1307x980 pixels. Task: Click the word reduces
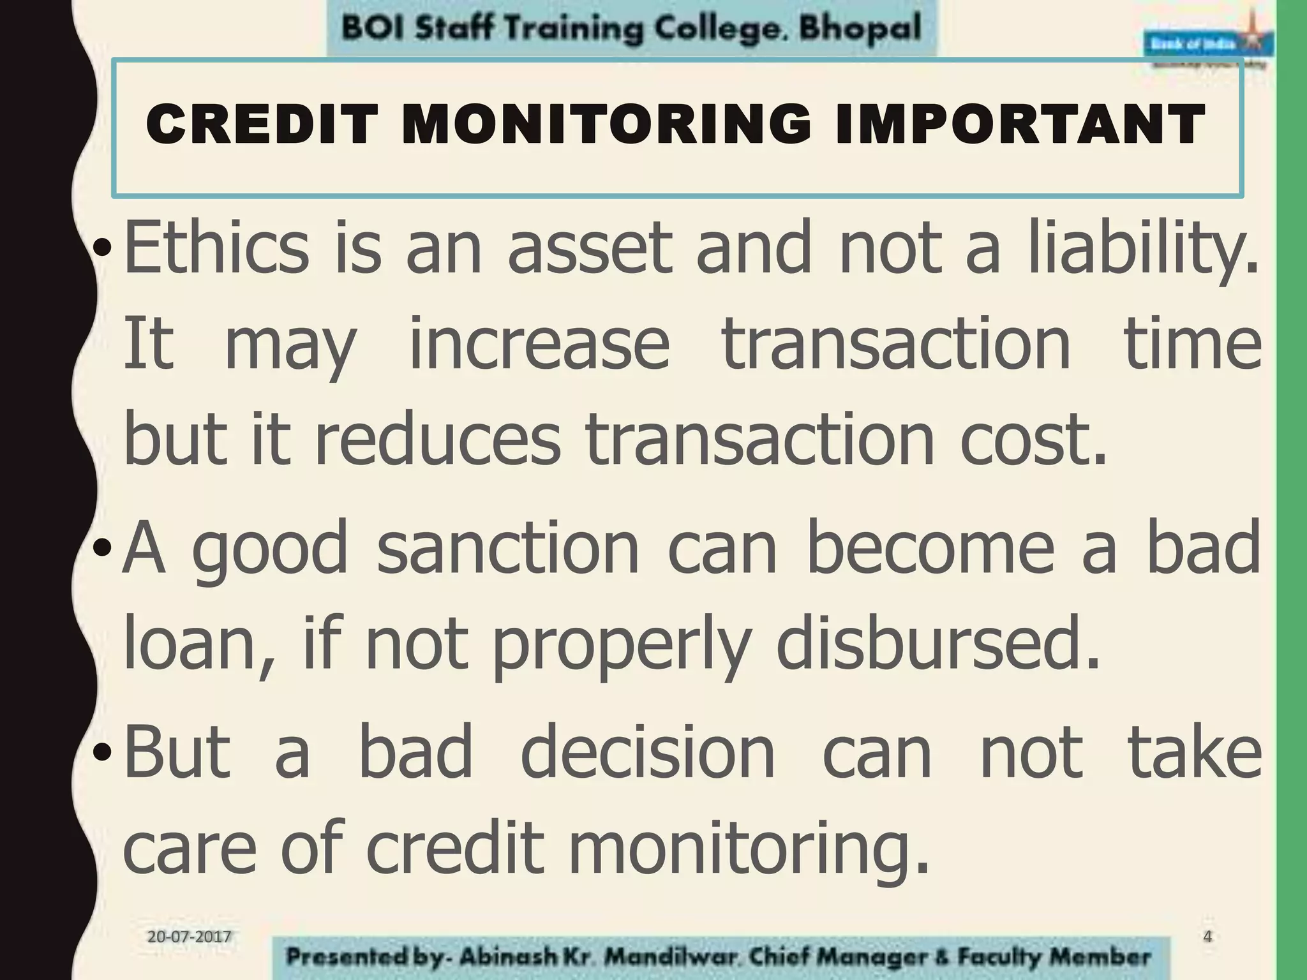(x=438, y=438)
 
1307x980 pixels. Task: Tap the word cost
(x=1032, y=438)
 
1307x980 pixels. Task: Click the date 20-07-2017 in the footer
(x=189, y=937)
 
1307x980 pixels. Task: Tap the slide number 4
(x=1207, y=937)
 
